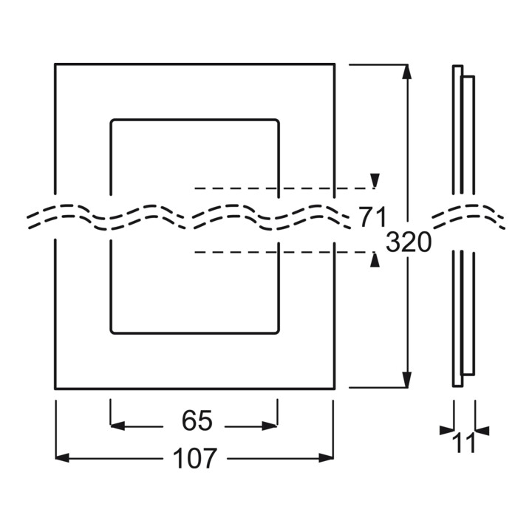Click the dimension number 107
194,458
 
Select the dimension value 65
197,420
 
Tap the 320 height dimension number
409,242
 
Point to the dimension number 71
372,216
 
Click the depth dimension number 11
465,443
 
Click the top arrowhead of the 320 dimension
406,72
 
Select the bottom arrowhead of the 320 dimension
406,380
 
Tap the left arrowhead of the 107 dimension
62,457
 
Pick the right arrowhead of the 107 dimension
326,457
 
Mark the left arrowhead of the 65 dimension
117,426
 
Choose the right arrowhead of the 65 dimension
270,426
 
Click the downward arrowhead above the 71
375,180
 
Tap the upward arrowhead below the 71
375,259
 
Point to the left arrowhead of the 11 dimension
446,430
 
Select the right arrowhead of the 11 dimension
482,430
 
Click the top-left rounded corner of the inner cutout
112,121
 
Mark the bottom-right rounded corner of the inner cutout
277,332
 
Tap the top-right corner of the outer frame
335,64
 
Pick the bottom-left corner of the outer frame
55,389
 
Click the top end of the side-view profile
457,66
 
